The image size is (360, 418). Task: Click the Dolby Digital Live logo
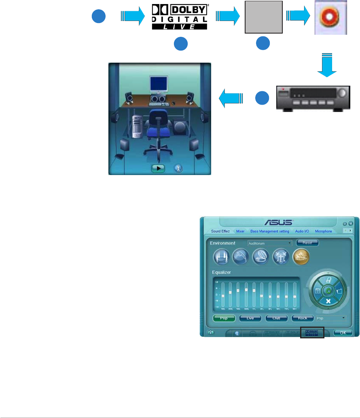coord(179,17)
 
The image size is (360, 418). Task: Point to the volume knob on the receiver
coord(343,93)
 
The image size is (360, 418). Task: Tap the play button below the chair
coord(158,168)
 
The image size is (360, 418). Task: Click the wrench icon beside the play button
coord(177,168)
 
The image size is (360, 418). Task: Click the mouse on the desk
coord(174,103)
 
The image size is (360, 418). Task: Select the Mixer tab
coord(240,231)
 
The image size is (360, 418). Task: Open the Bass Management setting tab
coord(270,231)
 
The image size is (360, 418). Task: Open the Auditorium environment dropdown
coord(270,243)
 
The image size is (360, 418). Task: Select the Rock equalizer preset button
coord(303,318)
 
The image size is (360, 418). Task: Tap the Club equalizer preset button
coord(276,318)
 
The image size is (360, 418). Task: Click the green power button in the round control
coord(328,291)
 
